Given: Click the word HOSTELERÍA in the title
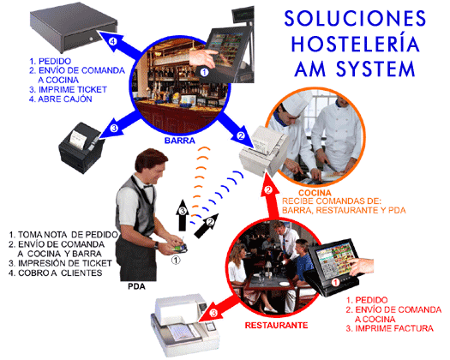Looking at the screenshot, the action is click(x=355, y=44).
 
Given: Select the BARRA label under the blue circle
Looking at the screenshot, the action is click(x=180, y=141).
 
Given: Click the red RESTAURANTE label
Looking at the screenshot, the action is click(x=276, y=325).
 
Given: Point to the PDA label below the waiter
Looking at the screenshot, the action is click(x=136, y=286).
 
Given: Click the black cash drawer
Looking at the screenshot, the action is click(x=74, y=30).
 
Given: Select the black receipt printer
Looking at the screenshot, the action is click(x=81, y=147).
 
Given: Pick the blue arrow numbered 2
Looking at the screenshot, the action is click(x=234, y=129).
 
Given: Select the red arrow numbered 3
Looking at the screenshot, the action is click(x=219, y=308).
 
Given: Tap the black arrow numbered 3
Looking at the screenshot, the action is click(x=183, y=215).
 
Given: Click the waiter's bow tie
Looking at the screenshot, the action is click(x=147, y=186).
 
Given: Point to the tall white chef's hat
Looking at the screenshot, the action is click(x=294, y=104).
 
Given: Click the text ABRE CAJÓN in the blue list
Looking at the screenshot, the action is click(x=65, y=99).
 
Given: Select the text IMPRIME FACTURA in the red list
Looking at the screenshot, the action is click(x=394, y=328).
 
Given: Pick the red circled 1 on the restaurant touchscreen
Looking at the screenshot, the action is click(x=335, y=283).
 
